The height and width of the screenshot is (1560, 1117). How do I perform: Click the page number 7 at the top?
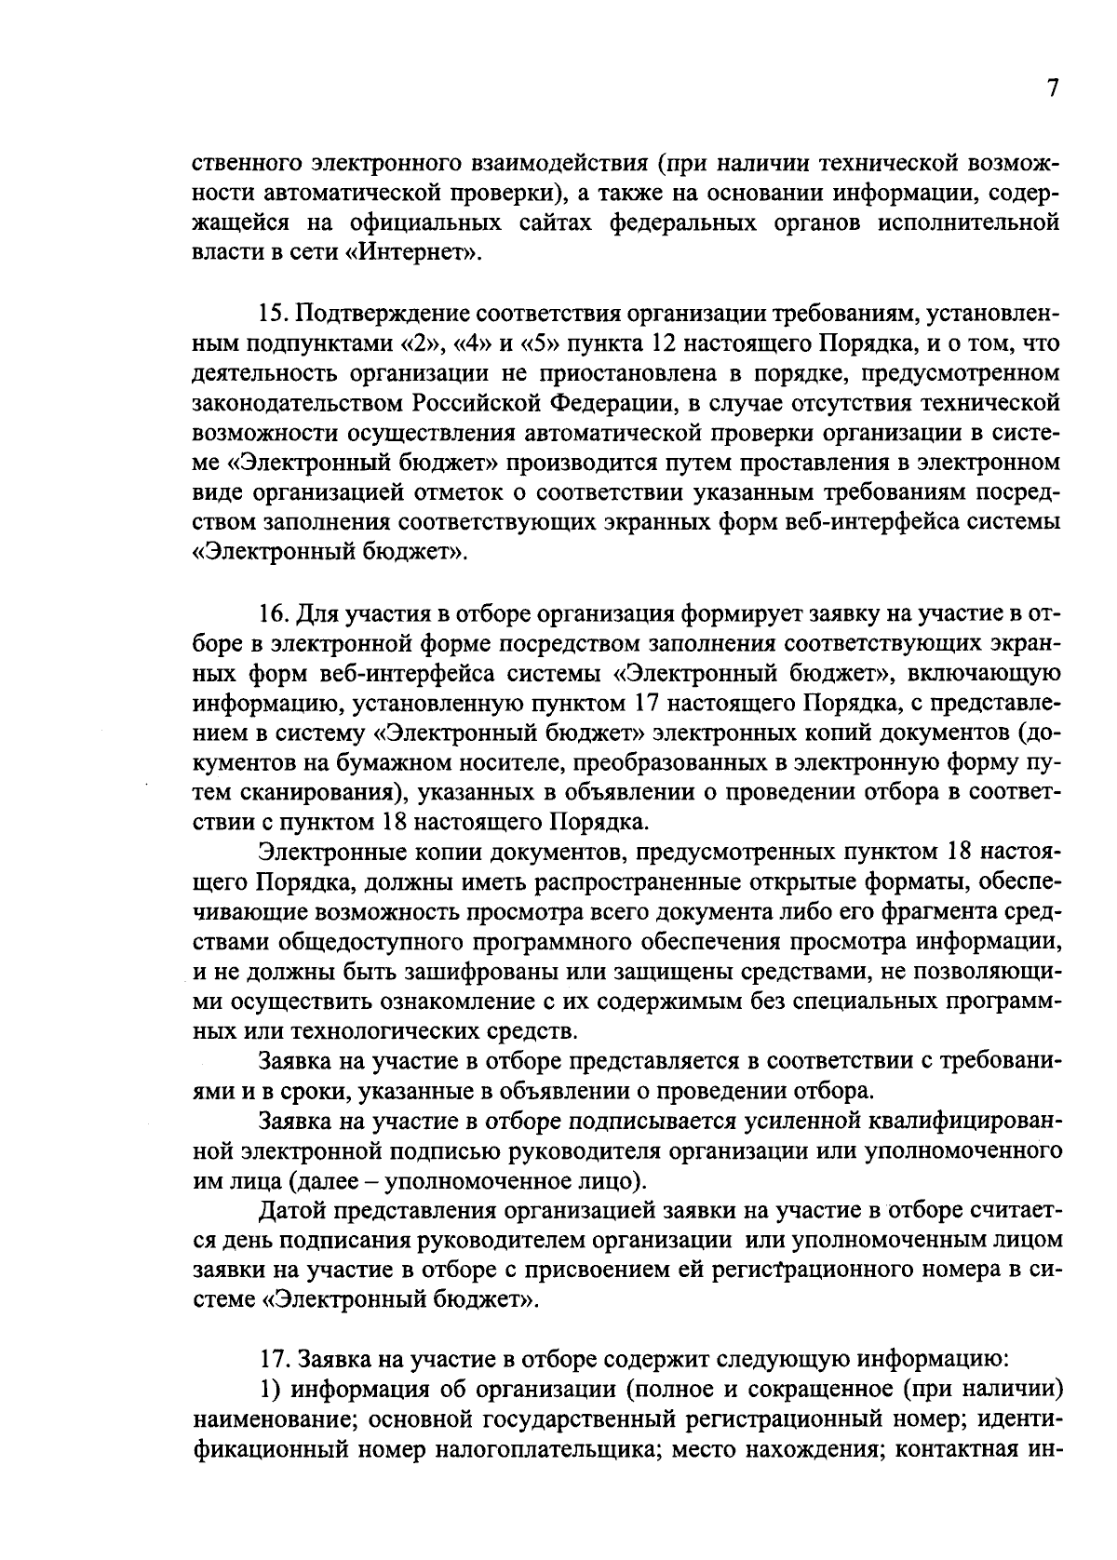1053,89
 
